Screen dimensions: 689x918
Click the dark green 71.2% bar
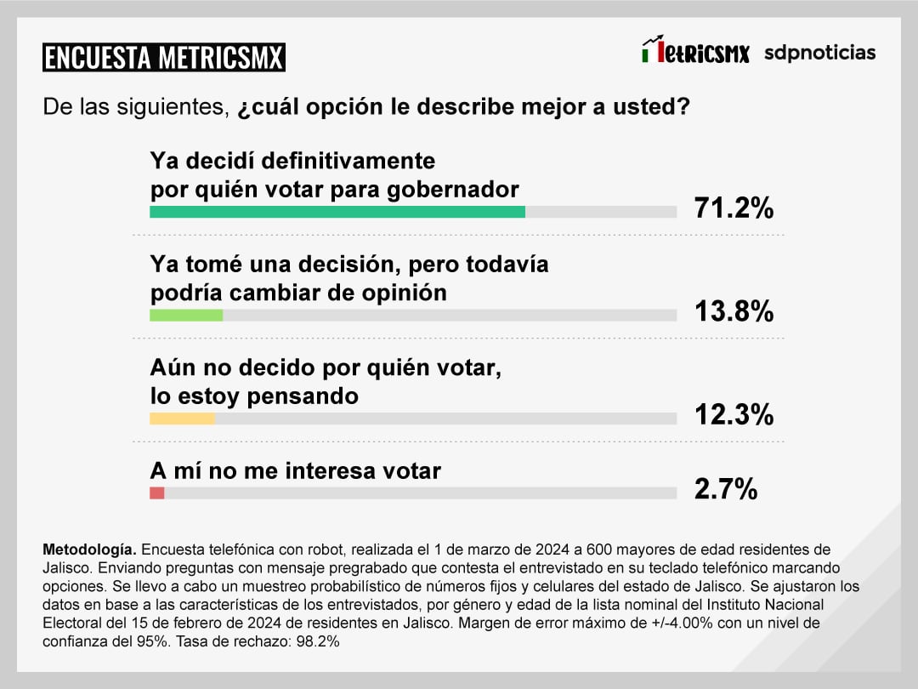pos(337,212)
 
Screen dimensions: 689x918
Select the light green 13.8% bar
pos(186,315)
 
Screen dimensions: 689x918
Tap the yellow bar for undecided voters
pos(182,418)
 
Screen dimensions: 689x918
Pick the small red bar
pos(156,493)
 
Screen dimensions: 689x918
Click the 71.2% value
pos(734,208)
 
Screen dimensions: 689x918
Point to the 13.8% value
pos(734,311)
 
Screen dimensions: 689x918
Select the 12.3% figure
pos(734,414)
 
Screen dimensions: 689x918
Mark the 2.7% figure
pos(725,489)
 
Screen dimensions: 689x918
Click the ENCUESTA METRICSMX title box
pos(163,57)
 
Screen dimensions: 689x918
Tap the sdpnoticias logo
pos(819,53)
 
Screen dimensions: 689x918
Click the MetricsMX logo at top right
pos(695,52)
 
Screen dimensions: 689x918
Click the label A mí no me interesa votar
pos(295,470)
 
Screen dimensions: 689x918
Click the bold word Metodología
pos(88,549)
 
